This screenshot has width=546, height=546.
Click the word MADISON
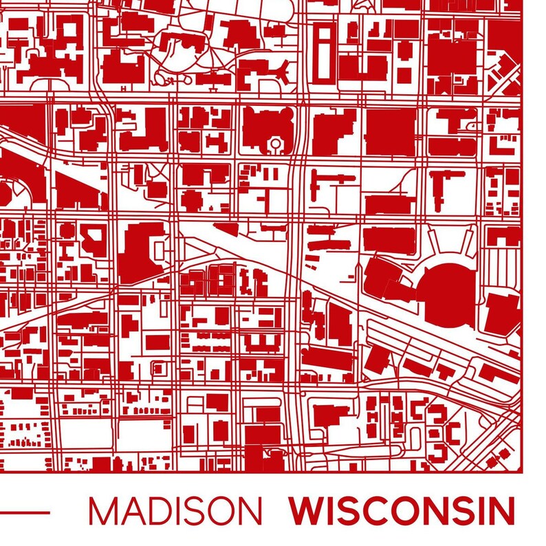(x=175, y=511)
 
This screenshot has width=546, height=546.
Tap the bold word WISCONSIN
(x=402, y=511)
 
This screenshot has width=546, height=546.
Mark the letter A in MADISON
(x=129, y=511)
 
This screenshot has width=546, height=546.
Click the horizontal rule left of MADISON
(x=25, y=512)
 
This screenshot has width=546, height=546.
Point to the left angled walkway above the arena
(x=436, y=242)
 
